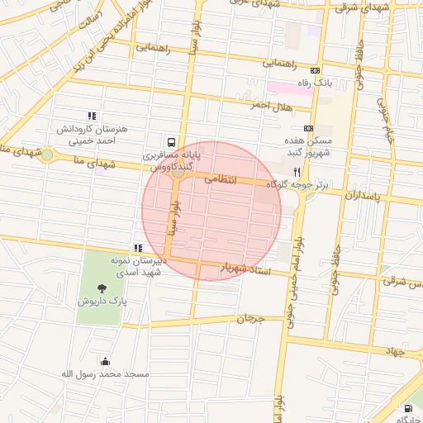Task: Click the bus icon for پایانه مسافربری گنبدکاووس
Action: [x=171, y=142]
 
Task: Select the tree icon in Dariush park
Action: [x=102, y=288]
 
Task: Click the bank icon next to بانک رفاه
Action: [x=315, y=71]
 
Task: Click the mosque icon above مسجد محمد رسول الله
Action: [x=105, y=361]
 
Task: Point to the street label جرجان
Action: [x=250, y=318]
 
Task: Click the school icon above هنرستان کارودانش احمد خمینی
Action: [x=92, y=116]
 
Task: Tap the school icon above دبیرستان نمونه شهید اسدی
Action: [x=138, y=247]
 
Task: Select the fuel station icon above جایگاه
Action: [x=407, y=408]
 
